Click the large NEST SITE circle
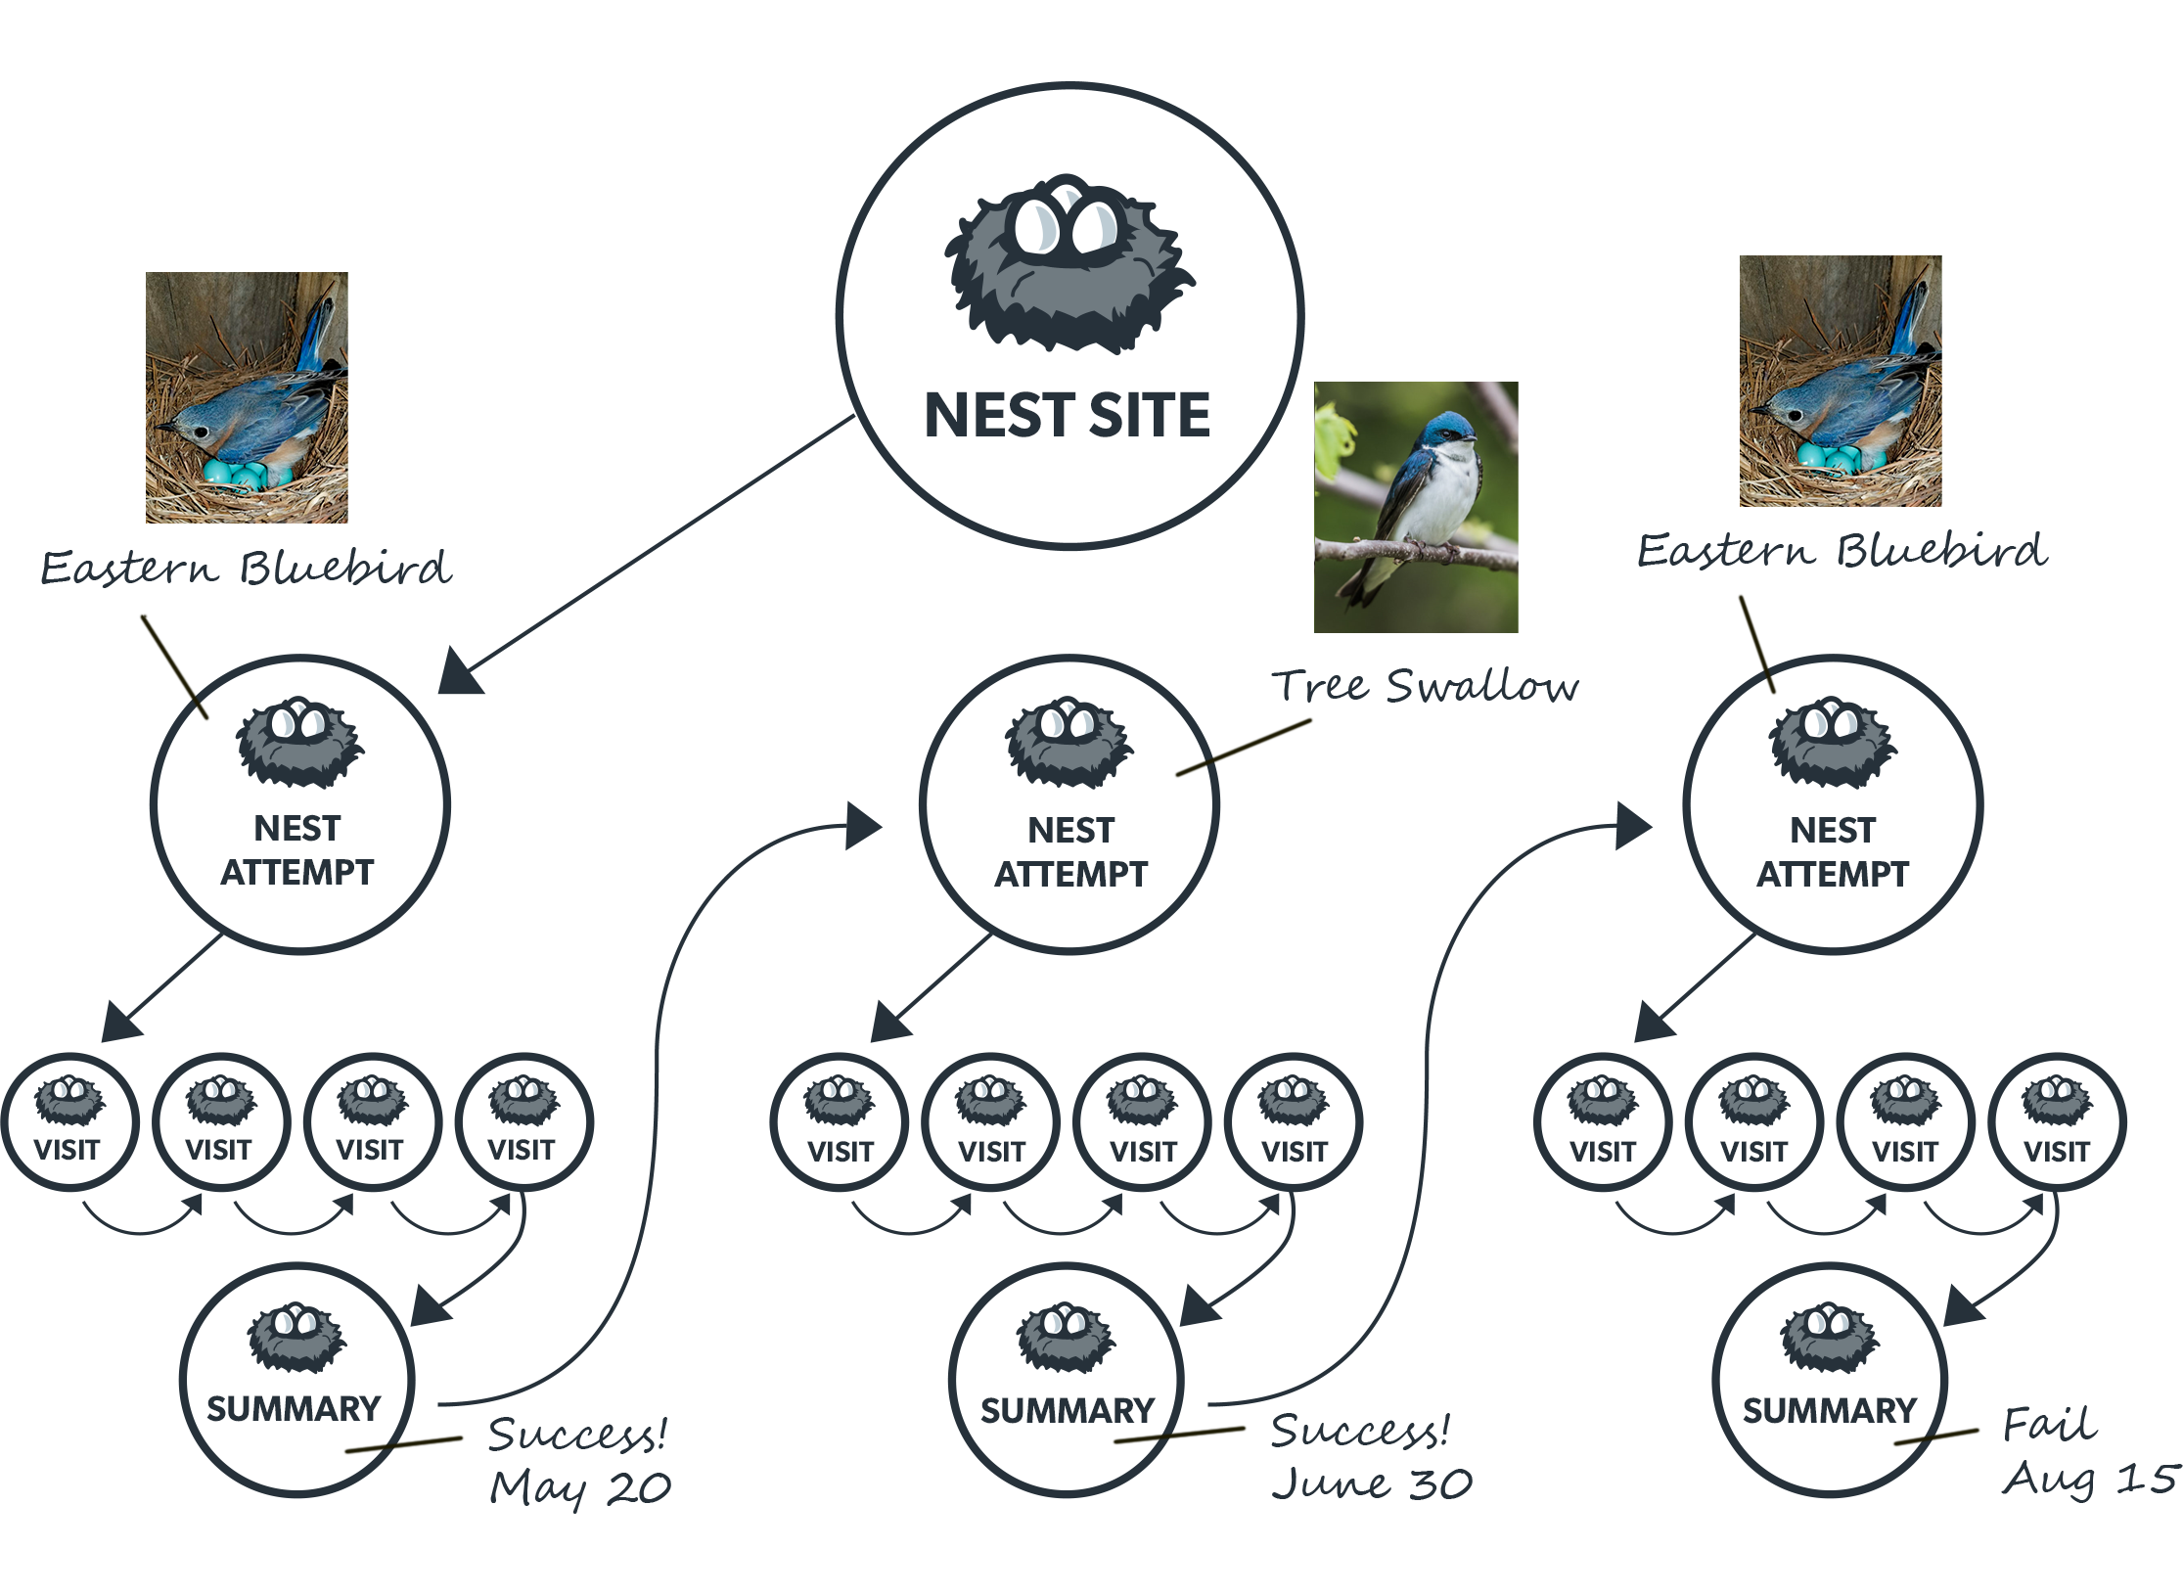pos(1069,315)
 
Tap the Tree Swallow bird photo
pos(1416,507)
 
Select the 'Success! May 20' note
pos(579,1460)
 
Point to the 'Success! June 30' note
pos(1370,1456)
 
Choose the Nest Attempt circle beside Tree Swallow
pos(1069,804)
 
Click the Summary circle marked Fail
pos(1829,1380)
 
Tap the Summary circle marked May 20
pos(296,1380)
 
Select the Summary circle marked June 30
pos(1066,1380)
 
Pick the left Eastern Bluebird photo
pos(247,397)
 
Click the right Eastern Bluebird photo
pos(1840,381)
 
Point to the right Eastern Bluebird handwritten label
pos(1842,551)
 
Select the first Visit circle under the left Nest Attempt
pos(68,1121)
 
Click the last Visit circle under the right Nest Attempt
pos(2056,1121)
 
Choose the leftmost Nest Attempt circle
pos(299,804)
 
